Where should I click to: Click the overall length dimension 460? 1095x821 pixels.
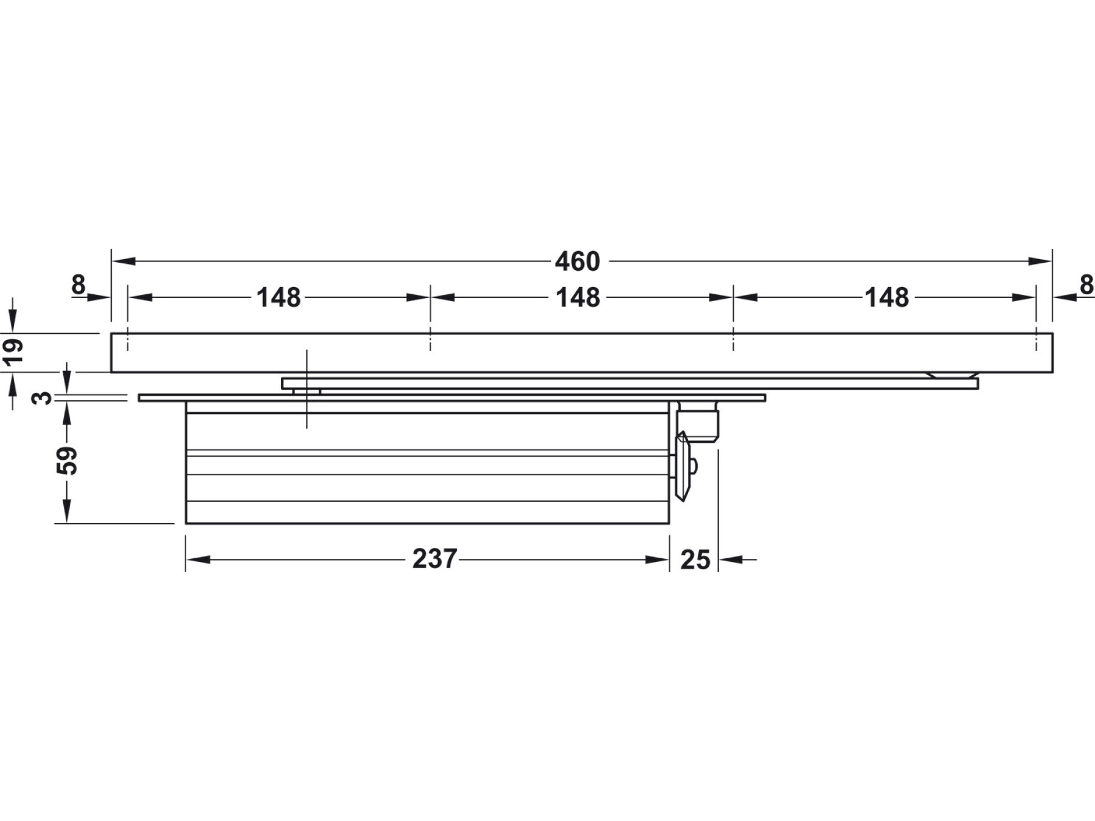(577, 262)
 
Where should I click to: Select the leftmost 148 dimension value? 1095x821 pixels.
(279, 297)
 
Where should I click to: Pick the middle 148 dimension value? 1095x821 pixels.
(578, 297)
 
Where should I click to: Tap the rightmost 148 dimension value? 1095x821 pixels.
(887, 297)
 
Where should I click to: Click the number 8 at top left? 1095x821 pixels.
(78, 284)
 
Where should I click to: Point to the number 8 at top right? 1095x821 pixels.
(1086, 284)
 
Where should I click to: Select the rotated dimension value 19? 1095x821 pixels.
(13, 351)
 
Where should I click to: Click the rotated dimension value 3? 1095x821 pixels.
(42, 398)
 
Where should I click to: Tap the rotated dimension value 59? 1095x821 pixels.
(67, 460)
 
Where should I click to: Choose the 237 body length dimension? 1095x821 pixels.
(434, 559)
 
